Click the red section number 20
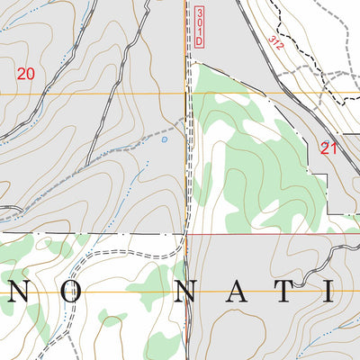tap(26, 73)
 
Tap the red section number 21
tap(328, 148)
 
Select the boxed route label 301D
tap(198, 26)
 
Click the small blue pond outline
tap(164, 139)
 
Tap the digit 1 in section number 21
tap(333, 148)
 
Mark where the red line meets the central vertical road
tap(186, 233)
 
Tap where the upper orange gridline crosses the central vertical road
tap(187, 92)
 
